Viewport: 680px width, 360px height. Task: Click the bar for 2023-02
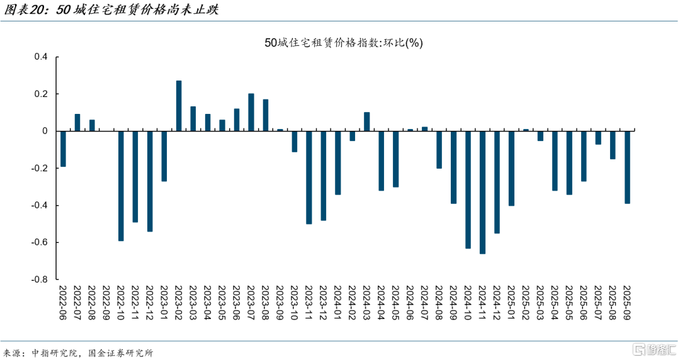click(x=179, y=106)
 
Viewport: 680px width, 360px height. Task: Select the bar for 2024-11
click(x=482, y=193)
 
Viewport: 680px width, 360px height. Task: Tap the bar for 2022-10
click(x=121, y=186)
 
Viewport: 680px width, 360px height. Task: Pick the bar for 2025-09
click(x=627, y=167)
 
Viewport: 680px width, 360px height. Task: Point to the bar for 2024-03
click(x=367, y=121)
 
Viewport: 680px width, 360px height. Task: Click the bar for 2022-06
click(x=63, y=149)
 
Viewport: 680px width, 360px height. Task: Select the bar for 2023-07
click(x=251, y=112)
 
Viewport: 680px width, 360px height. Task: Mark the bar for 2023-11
click(x=309, y=177)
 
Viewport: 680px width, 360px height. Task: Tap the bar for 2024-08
click(x=439, y=150)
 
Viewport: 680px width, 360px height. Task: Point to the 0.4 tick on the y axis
click(x=40, y=57)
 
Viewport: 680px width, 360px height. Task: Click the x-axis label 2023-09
click(x=280, y=306)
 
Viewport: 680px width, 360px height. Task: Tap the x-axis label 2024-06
click(x=410, y=306)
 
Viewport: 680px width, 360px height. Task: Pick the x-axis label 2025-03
click(x=540, y=306)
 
